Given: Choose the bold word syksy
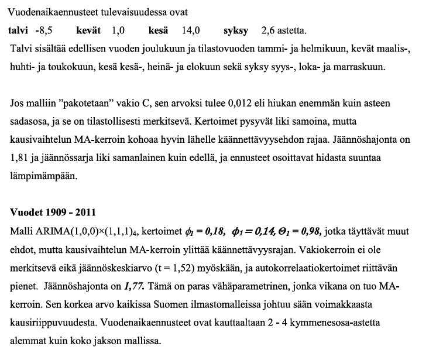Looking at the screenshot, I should pos(236,30).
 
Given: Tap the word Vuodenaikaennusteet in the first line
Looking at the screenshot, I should pos(48,12).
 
